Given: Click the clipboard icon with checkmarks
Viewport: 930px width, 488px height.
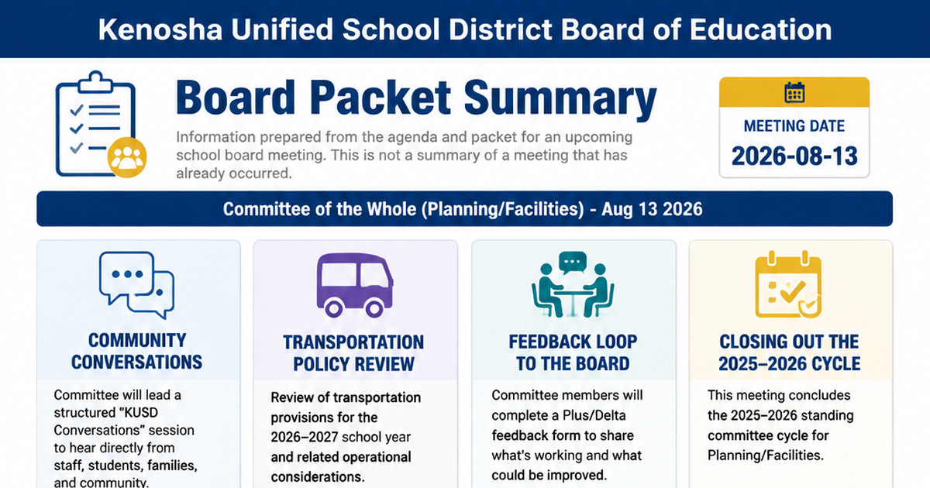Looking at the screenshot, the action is pos(95,124).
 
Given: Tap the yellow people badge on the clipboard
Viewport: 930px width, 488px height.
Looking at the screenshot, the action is pos(127,157).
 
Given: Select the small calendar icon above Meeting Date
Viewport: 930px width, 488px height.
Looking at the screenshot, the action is pos(794,92).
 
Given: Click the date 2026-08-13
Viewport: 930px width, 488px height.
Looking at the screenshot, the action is pos(794,156).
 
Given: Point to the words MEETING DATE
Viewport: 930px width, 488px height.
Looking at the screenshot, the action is pos(794,125).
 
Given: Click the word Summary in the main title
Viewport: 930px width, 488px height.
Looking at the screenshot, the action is pos(560,98).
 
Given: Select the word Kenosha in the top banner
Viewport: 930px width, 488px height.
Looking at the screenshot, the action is pos(160,29).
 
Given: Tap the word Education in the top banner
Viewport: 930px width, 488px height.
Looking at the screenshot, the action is pos(760,29).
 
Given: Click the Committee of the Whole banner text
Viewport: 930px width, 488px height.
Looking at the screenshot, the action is pos(463,208).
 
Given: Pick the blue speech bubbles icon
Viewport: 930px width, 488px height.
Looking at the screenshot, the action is pos(136,286).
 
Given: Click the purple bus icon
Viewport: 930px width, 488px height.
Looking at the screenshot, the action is pos(355,286).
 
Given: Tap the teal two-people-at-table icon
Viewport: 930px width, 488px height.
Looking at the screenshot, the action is pos(573,285).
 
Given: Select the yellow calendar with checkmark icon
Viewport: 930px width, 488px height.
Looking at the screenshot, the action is pos(788,285).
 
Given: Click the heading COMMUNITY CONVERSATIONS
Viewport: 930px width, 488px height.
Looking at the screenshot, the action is pos(136,351).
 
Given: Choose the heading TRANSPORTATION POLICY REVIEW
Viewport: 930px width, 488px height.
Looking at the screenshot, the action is pos(353,353).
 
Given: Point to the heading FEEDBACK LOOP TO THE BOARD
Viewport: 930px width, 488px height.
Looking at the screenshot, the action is pos(573,352).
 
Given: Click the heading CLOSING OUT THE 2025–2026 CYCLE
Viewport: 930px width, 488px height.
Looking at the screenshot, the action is pos(789,352).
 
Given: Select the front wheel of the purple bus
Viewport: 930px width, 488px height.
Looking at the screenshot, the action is pos(374,309).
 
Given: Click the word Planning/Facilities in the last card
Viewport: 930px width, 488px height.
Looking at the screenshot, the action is pos(765,455).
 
